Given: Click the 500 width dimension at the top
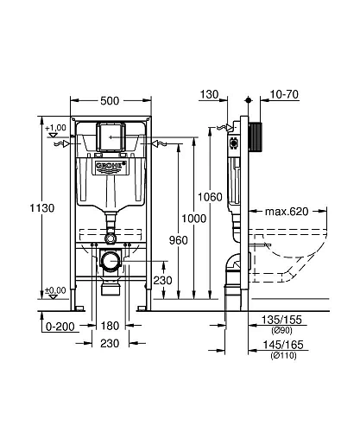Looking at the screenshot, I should [x=110, y=101].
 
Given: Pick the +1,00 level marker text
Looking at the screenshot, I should [x=56, y=129].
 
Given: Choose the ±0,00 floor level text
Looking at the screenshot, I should [x=56, y=290].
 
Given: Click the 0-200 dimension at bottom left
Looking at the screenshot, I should [x=55, y=326].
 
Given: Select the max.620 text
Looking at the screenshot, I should [x=286, y=210].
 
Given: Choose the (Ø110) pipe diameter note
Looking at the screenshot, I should [x=281, y=354].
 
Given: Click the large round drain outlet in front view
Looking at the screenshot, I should [x=111, y=260].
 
